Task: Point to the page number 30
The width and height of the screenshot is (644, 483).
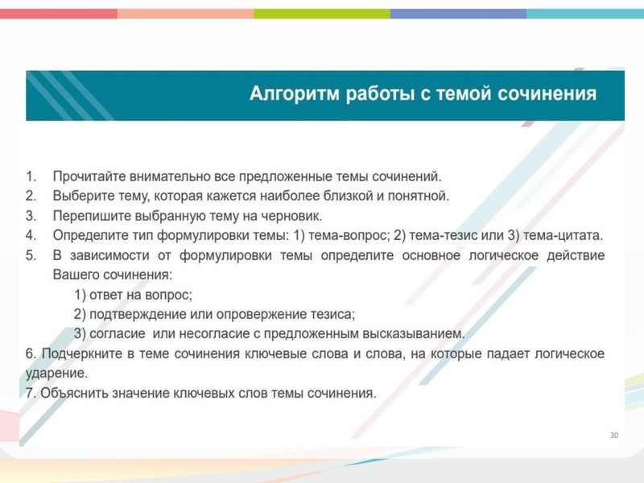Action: pos(614,436)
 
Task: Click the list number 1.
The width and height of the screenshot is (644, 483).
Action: pos(31,175)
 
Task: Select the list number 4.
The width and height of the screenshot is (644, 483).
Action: pos(31,236)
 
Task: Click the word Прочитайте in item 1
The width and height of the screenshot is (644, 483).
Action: pos(86,175)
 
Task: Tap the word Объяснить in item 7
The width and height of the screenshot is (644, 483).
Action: pos(72,394)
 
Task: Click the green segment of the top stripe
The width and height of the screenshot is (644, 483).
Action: pos(322,14)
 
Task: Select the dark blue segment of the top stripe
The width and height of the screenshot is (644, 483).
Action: pos(458,14)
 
